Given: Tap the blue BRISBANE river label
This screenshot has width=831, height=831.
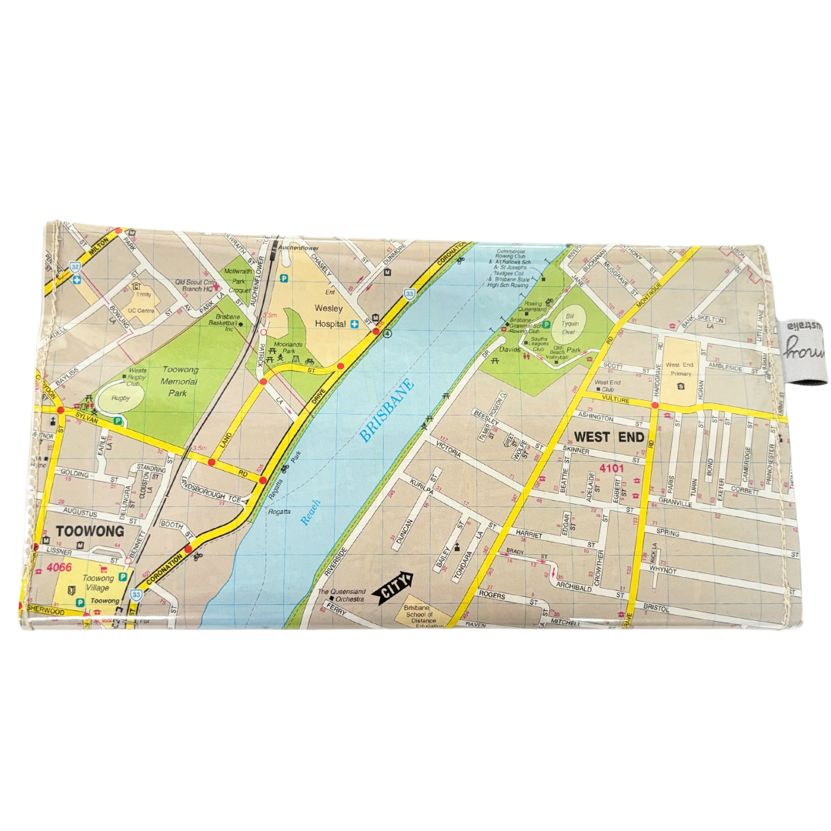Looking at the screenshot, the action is tap(387, 411).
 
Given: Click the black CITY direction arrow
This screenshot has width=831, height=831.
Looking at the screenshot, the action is tap(392, 589).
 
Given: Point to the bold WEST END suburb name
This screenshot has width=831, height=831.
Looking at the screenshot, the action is tap(603, 437).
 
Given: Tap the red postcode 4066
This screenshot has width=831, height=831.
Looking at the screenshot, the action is tap(52, 569).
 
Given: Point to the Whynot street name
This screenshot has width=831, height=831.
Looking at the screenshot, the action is tap(663, 570).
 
